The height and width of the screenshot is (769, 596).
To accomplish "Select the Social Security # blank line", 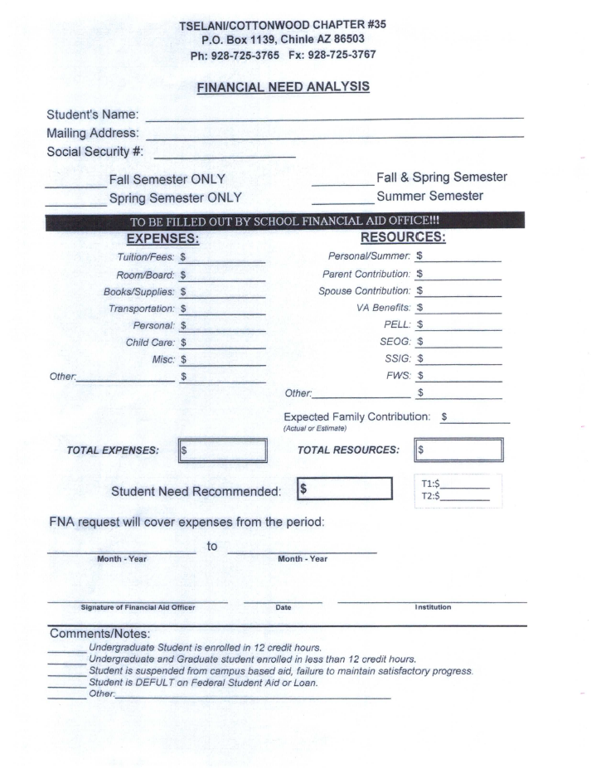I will [x=225, y=154].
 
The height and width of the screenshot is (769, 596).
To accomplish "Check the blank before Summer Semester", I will [x=342, y=203].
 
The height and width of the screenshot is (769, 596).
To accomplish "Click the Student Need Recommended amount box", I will [x=343, y=489].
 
